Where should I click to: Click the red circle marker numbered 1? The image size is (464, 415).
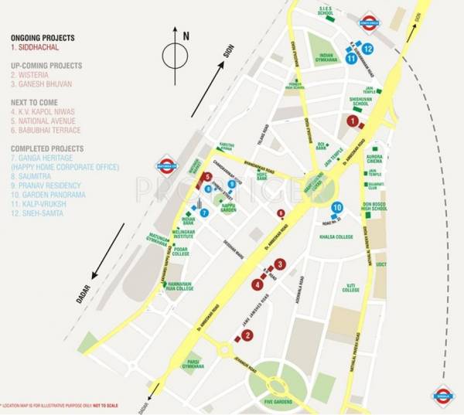(353, 121)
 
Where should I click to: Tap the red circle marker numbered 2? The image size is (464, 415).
(247, 335)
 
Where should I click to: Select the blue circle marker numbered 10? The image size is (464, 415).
(337, 207)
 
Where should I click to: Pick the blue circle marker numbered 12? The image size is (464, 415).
(368, 49)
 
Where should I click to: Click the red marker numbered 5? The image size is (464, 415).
(208, 177)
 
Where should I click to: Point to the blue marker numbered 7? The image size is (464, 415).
(204, 213)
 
